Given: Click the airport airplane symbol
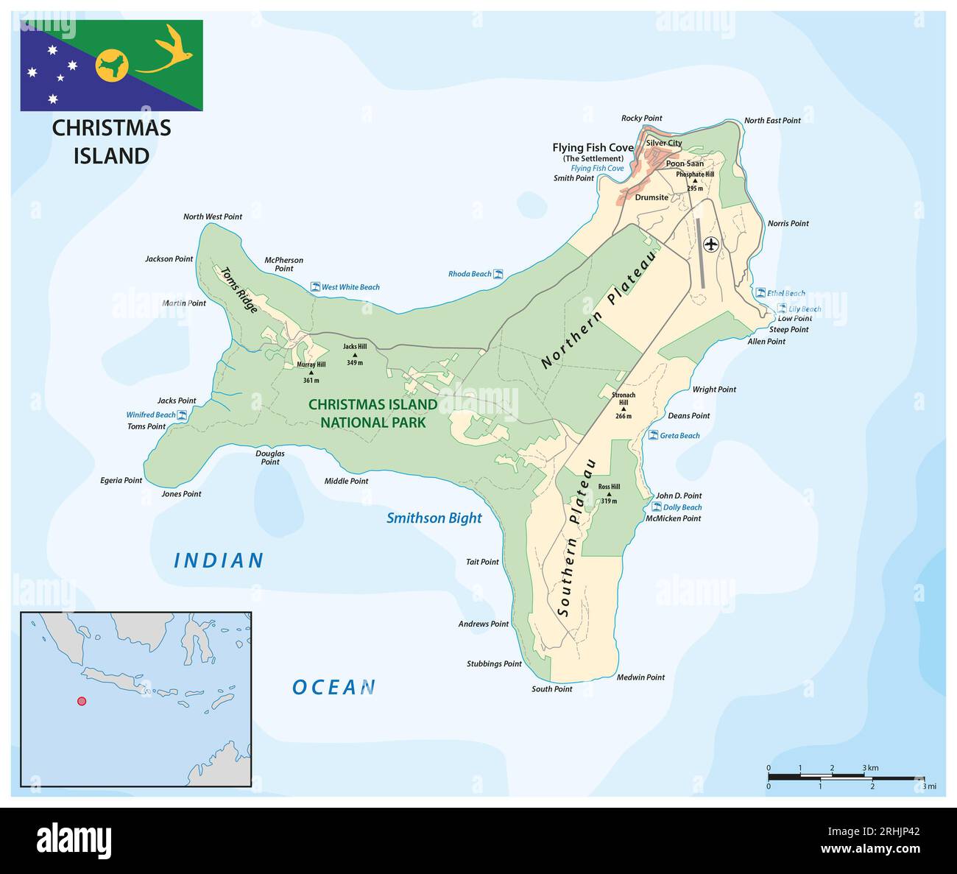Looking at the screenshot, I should (710, 244).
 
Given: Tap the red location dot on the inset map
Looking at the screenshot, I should (82, 701).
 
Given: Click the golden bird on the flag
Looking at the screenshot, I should (168, 51).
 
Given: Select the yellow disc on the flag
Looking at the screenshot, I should (112, 67).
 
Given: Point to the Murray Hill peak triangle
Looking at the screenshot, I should (311, 373).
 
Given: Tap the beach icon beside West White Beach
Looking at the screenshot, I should (315, 286).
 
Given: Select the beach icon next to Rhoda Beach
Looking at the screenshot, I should (498, 274).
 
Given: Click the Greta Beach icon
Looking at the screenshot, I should (653, 435).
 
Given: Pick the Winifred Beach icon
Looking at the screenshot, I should (182, 415).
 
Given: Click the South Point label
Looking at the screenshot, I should (552, 689).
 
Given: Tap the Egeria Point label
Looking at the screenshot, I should (121, 480).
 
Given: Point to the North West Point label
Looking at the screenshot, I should (212, 216).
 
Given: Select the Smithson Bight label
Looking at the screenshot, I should (434, 518).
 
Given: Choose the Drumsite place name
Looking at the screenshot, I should (651, 197).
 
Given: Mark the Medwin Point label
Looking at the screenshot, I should (640, 677).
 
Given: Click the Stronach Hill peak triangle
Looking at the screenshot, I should (623, 409).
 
